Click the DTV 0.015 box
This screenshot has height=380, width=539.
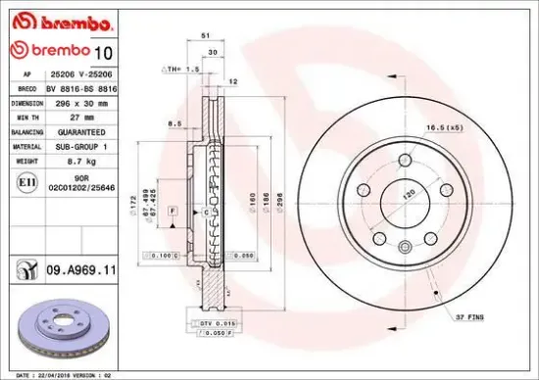click(205, 322)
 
